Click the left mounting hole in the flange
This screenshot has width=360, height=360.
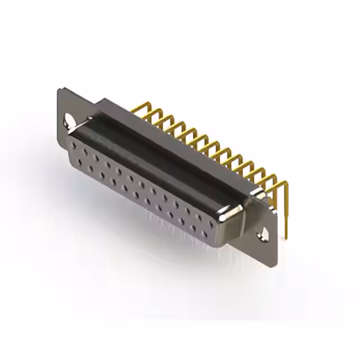point(70,120)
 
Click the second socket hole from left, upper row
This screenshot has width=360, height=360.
point(84,152)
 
